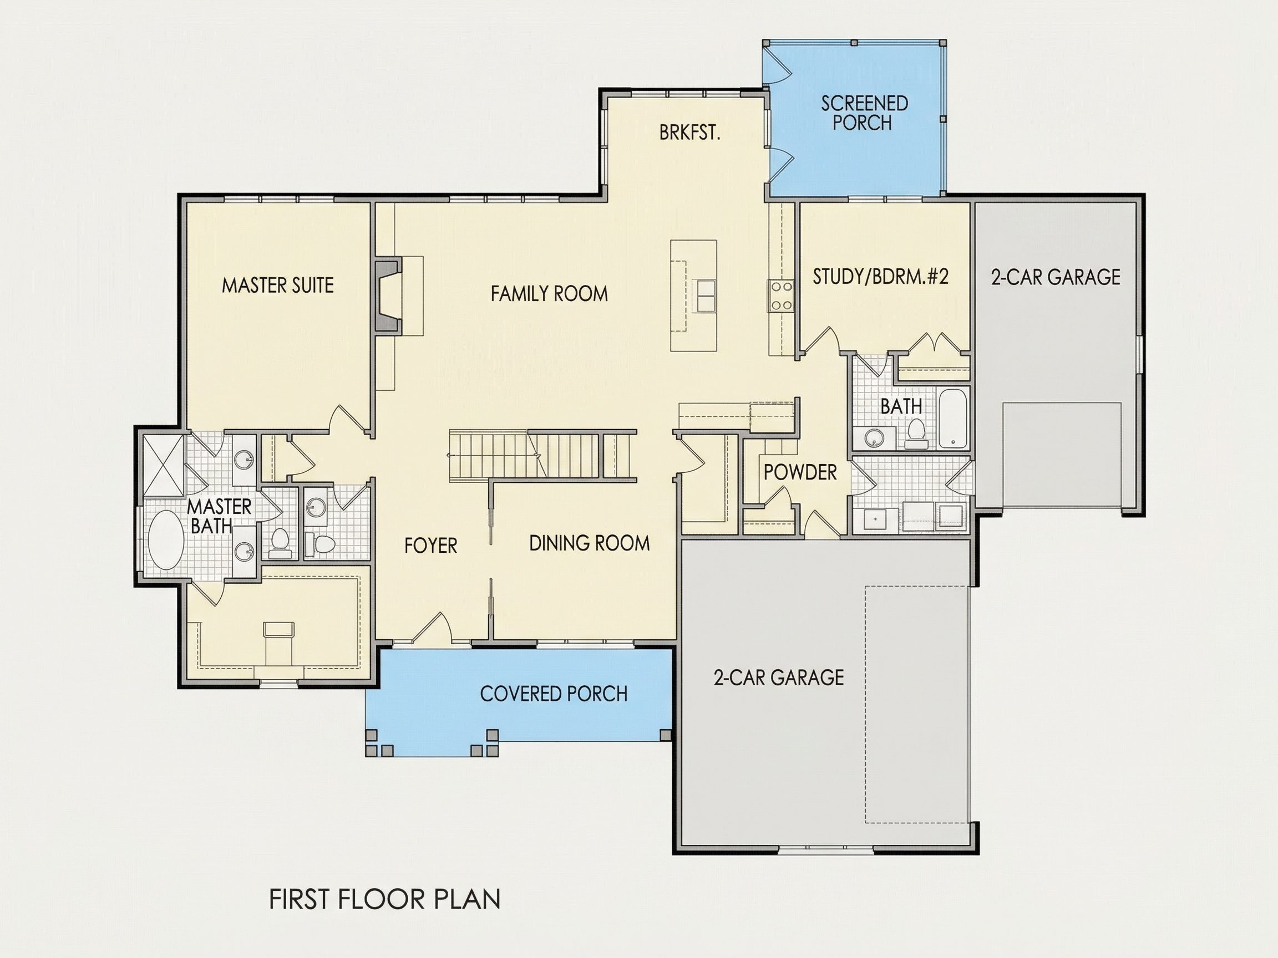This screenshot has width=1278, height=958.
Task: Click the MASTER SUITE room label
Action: coord(278,286)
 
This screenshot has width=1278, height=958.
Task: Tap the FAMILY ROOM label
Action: coord(550,294)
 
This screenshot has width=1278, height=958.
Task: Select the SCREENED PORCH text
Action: coord(864,113)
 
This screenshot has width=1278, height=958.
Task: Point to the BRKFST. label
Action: coord(690,133)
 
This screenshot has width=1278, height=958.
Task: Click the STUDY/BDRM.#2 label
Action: coord(880,277)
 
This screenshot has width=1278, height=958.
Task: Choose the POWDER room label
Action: coord(800,472)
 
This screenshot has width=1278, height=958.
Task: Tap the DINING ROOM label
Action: coord(589,543)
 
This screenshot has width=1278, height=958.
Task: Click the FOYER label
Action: coord(430,545)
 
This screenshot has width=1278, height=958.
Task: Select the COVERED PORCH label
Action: coord(554,694)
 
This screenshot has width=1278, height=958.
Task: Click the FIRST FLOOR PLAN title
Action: coord(385,899)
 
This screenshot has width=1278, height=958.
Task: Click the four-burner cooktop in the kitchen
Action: coord(780,295)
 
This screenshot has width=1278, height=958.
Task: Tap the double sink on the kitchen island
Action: coord(704,295)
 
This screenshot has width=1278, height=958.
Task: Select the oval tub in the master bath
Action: coord(166,540)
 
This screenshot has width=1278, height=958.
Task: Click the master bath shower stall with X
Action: coord(163,465)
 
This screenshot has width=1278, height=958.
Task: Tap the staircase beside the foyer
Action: coord(542,455)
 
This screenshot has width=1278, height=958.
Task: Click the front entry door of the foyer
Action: coord(432,628)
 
